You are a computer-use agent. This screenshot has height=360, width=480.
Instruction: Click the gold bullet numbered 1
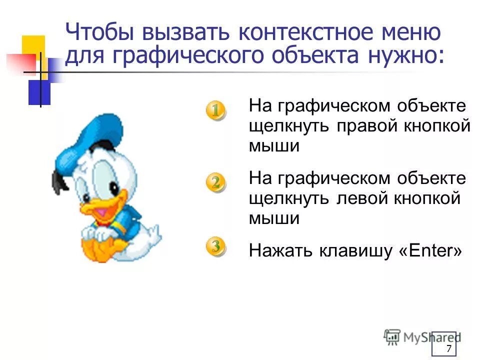click(215, 110)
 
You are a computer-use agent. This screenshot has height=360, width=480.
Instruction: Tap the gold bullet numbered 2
click(215, 182)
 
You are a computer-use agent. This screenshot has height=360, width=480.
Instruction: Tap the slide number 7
click(448, 348)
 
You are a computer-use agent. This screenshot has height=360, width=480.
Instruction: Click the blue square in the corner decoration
click(39, 92)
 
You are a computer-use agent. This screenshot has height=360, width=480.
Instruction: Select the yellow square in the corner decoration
click(34, 47)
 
